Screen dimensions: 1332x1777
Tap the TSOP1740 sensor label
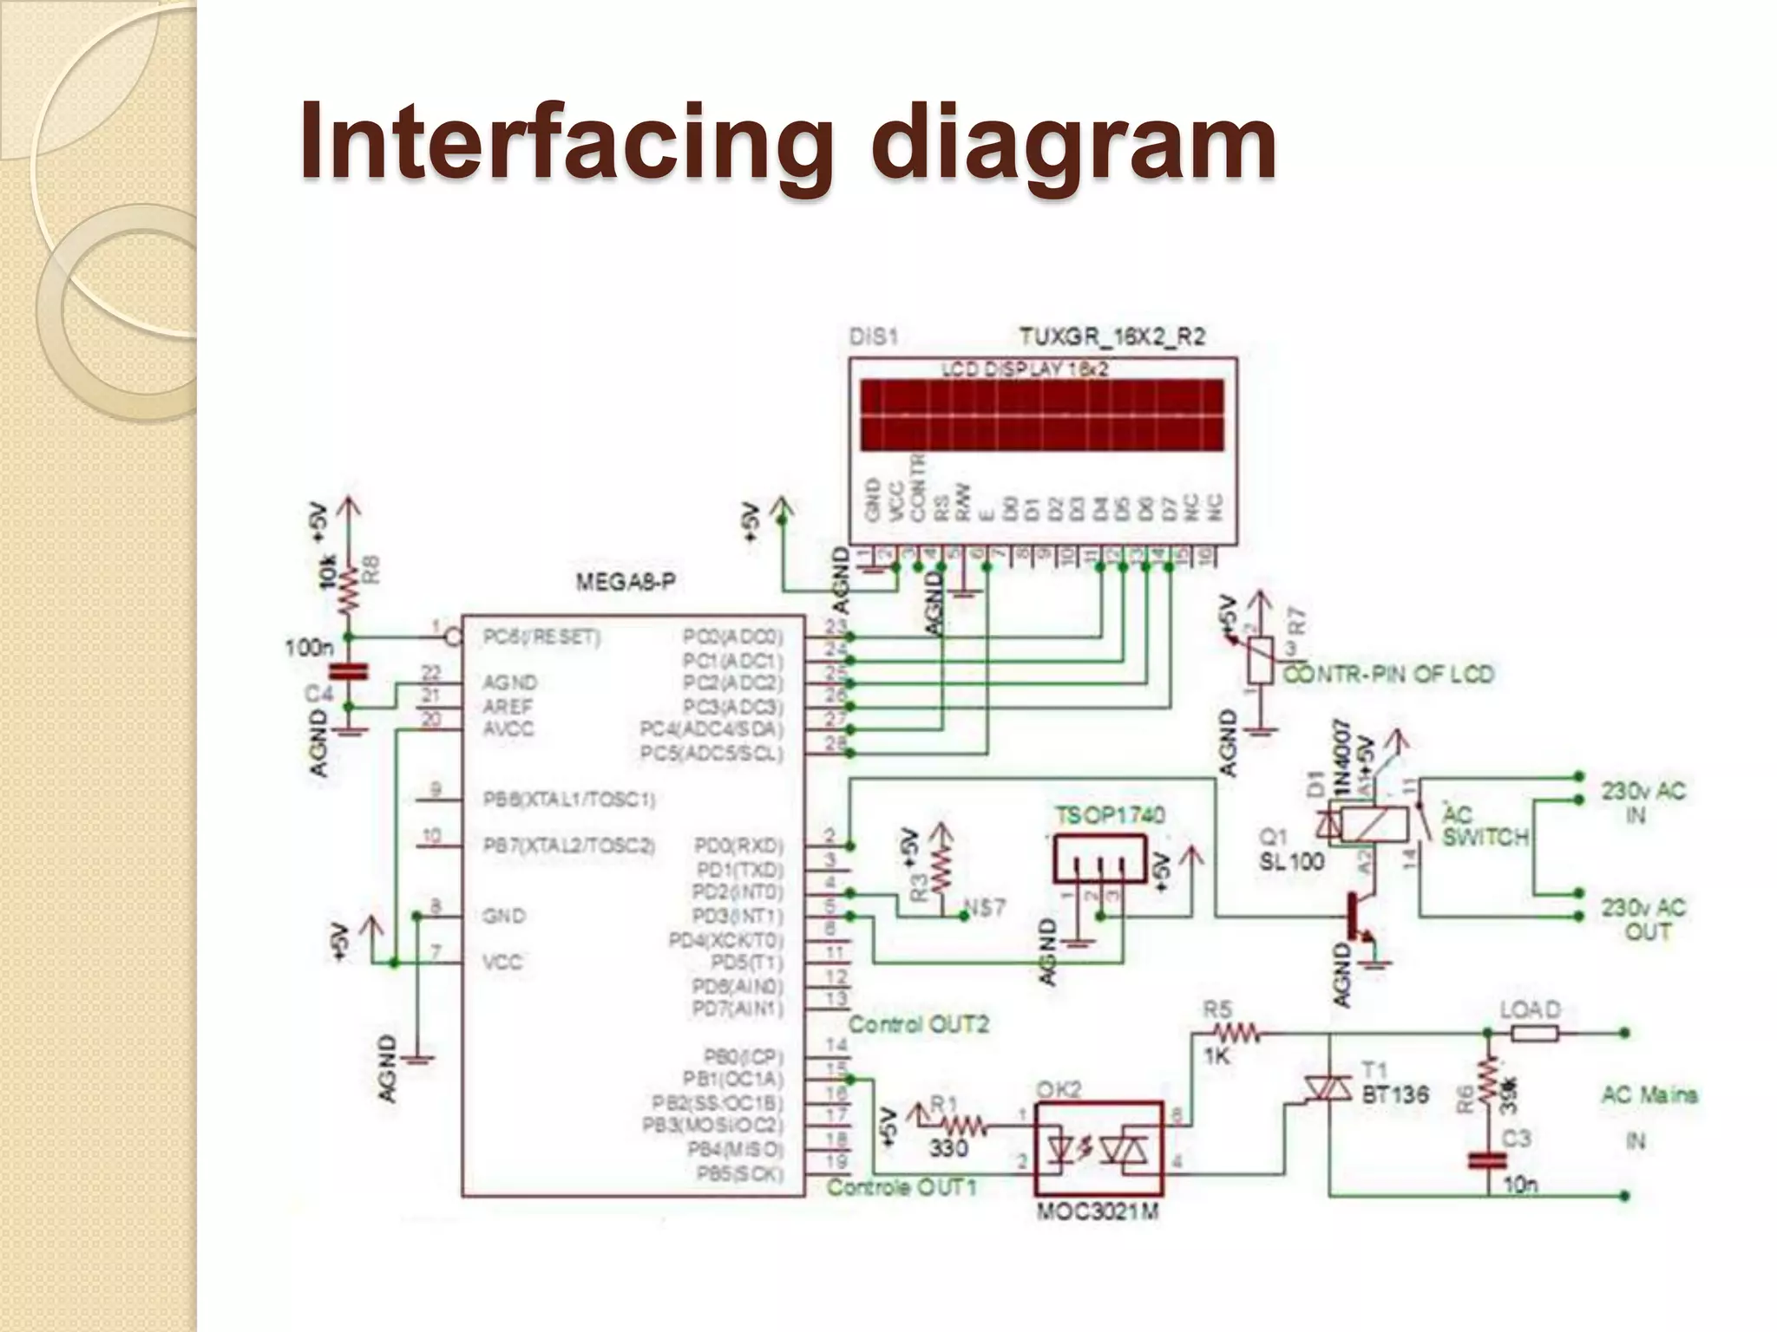[1110, 815]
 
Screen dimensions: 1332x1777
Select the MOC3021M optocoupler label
[1098, 1211]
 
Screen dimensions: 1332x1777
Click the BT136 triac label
[1394, 1094]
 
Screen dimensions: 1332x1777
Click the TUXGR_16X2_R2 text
[1112, 336]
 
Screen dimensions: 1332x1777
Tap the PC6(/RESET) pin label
[541, 638]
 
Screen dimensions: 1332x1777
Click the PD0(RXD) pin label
[738, 845]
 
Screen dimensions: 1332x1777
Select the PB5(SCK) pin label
[739, 1174]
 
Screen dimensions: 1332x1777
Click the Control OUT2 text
[918, 1024]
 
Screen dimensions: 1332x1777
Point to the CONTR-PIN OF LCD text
[1388, 674]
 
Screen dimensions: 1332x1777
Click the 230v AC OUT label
[1643, 919]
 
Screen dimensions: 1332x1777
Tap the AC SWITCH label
[1485, 826]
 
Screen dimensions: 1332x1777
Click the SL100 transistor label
[1292, 861]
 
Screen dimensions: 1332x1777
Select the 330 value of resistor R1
[948, 1148]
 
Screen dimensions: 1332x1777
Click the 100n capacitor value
[309, 648]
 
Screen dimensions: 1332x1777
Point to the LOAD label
[1530, 1009]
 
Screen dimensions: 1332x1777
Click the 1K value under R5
[1216, 1055]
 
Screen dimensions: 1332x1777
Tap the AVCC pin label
[508, 729]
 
